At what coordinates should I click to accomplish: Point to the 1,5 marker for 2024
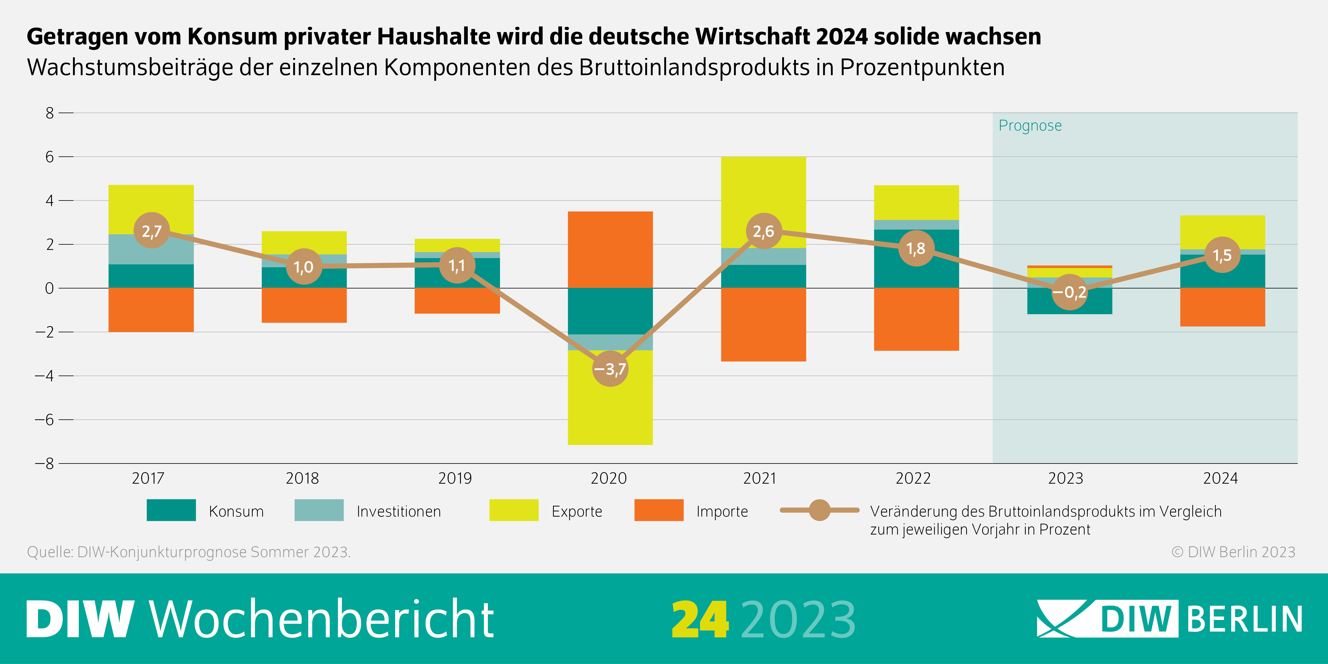coord(1222,255)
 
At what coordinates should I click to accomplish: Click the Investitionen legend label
coord(398,511)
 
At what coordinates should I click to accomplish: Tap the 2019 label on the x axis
coord(455,478)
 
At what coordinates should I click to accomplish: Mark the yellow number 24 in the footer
coord(700,620)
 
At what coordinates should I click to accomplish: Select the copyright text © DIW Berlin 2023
coord(1233,552)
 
